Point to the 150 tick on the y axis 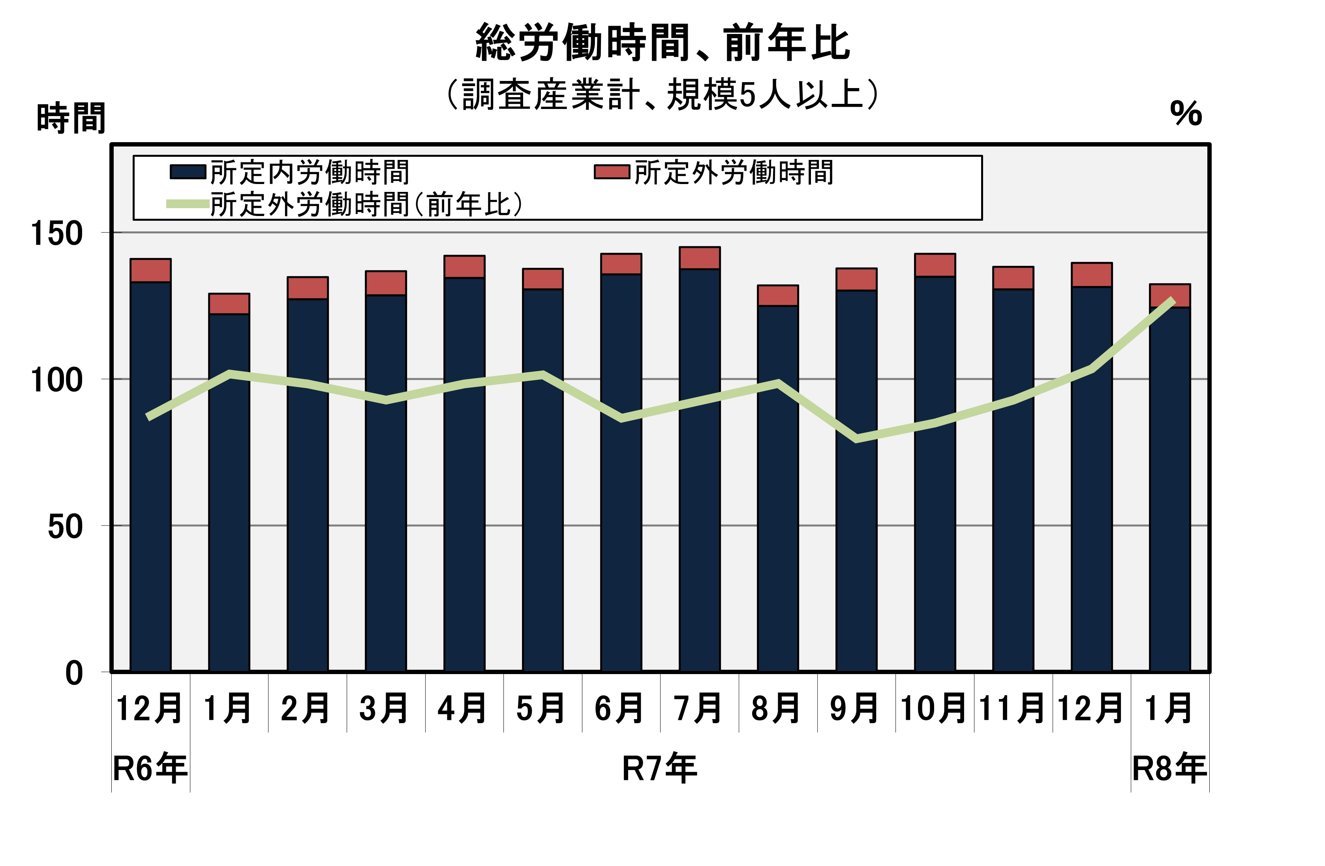tap(56, 233)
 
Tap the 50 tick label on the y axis tap(65, 526)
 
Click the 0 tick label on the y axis tap(74, 673)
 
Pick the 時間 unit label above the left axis tap(71, 118)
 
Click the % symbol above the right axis tap(1186, 114)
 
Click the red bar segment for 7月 tap(699, 258)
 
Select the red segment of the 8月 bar tap(778, 295)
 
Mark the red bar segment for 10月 tap(935, 265)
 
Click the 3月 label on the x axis tap(384, 708)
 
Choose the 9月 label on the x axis tap(854, 708)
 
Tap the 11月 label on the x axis tap(1012, 708)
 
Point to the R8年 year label tap(1170, 768)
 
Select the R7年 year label tap(659, 768)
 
